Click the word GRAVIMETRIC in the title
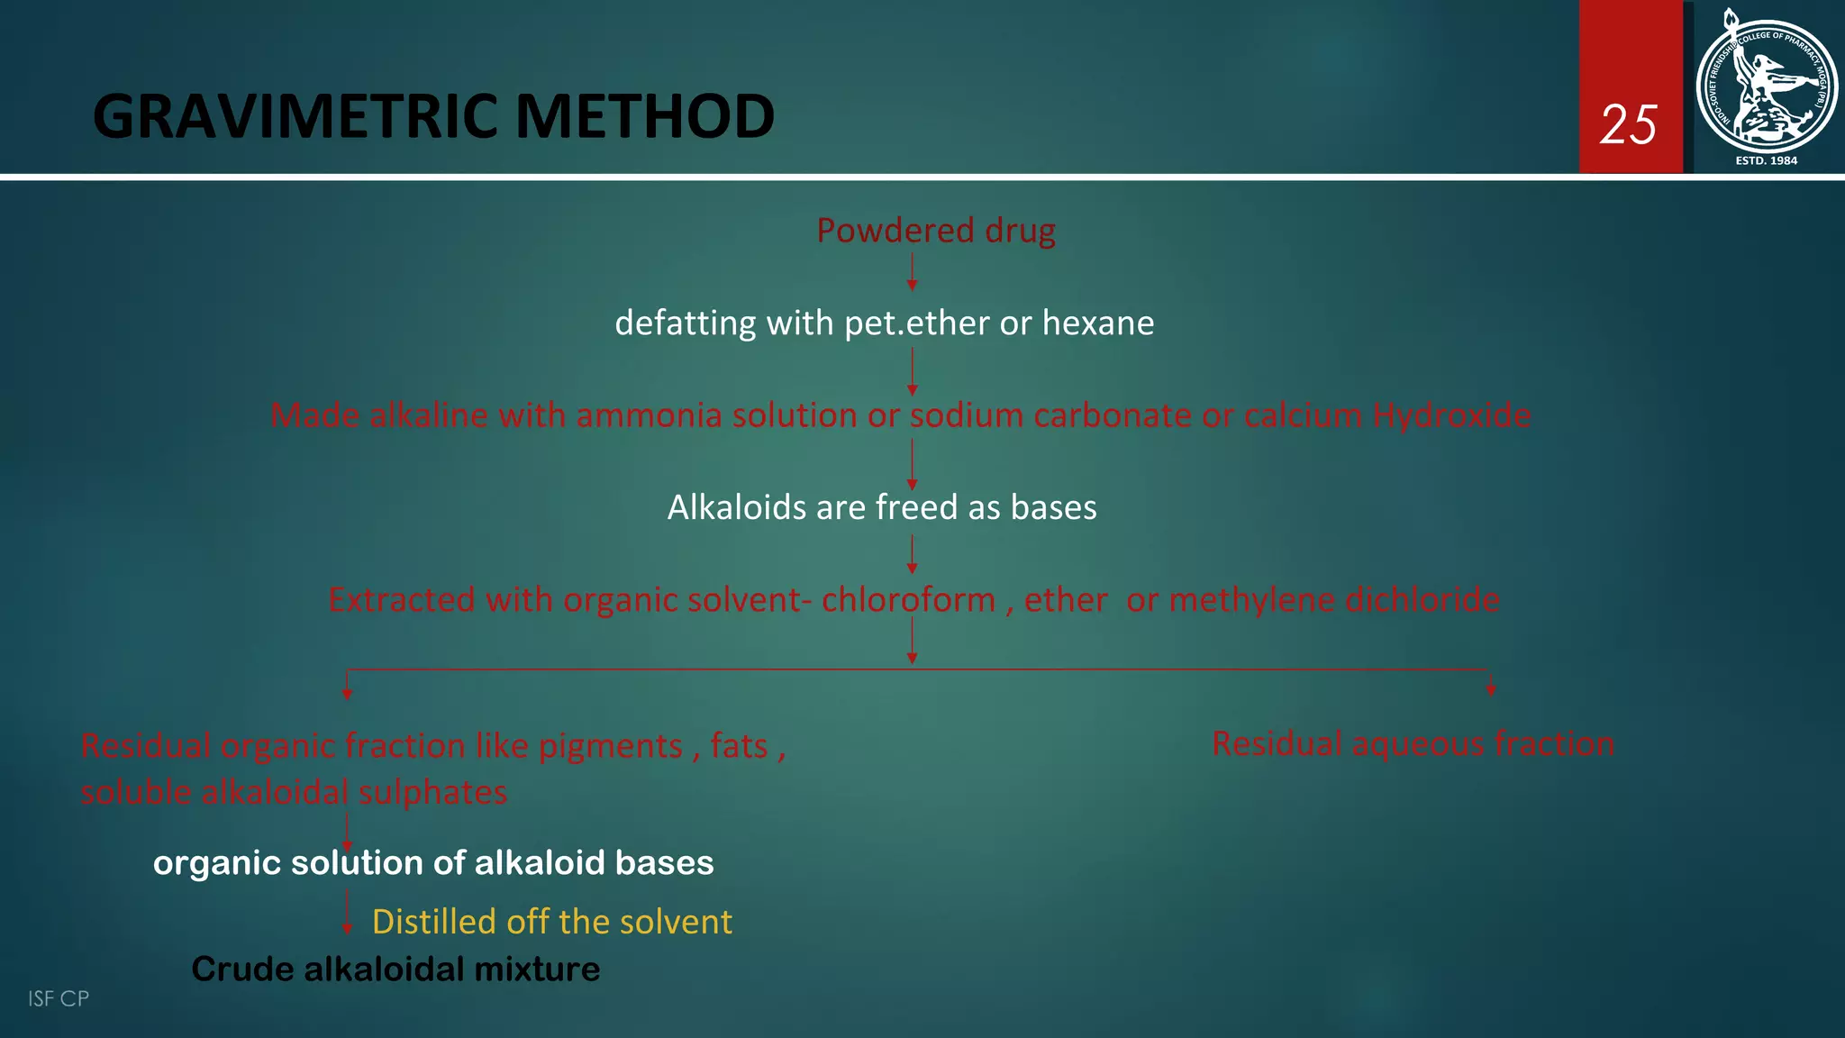[297, 117]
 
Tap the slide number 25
[1628, 124]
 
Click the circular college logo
[1766, 86]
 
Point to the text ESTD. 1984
[1766, 160]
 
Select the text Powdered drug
[935, 231]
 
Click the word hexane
[1097, 323]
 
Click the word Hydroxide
[1450, 415]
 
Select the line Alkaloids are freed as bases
[882, 507]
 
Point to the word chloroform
[908, 600]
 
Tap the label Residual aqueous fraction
[1413, 744]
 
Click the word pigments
[610, 747]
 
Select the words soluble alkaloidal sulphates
[294, 793]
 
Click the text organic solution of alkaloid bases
[433, 863]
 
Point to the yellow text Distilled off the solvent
[551, 922]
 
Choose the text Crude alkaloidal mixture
[395, 970]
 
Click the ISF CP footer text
[58, 998]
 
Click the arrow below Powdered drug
[912, 271]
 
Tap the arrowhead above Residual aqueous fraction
[1491, 688]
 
